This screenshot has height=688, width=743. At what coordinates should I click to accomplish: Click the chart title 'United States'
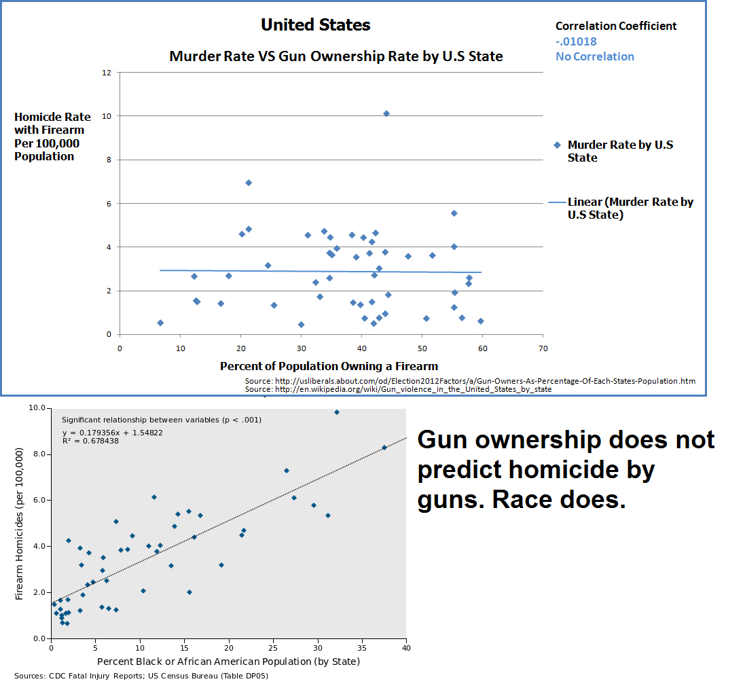316,26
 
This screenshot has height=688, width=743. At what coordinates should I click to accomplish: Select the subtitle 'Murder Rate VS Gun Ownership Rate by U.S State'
336,56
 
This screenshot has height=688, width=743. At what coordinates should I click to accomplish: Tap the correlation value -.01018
576,41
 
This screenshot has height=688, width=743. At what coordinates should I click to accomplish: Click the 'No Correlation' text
595,56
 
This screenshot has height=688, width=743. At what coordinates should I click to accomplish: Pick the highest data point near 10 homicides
386,113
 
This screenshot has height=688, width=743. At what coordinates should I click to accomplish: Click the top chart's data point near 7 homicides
249,183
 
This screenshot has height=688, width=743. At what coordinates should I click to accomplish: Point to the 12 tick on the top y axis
107,72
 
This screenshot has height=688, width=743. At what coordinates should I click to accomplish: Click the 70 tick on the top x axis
543,349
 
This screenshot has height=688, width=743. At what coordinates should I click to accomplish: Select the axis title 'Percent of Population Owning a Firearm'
329,366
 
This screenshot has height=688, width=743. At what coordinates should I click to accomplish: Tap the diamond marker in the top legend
558,145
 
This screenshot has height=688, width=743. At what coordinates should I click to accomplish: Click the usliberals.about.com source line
470,381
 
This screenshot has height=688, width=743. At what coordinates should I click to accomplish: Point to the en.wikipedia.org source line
398,389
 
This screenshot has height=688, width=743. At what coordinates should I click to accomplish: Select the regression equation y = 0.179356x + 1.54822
103,433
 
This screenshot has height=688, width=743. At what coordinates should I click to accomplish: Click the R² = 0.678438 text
90,441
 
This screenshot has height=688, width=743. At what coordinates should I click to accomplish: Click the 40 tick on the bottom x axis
406,649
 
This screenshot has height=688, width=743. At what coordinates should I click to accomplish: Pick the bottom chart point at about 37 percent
384,448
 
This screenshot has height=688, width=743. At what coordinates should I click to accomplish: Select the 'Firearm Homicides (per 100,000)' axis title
20,523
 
